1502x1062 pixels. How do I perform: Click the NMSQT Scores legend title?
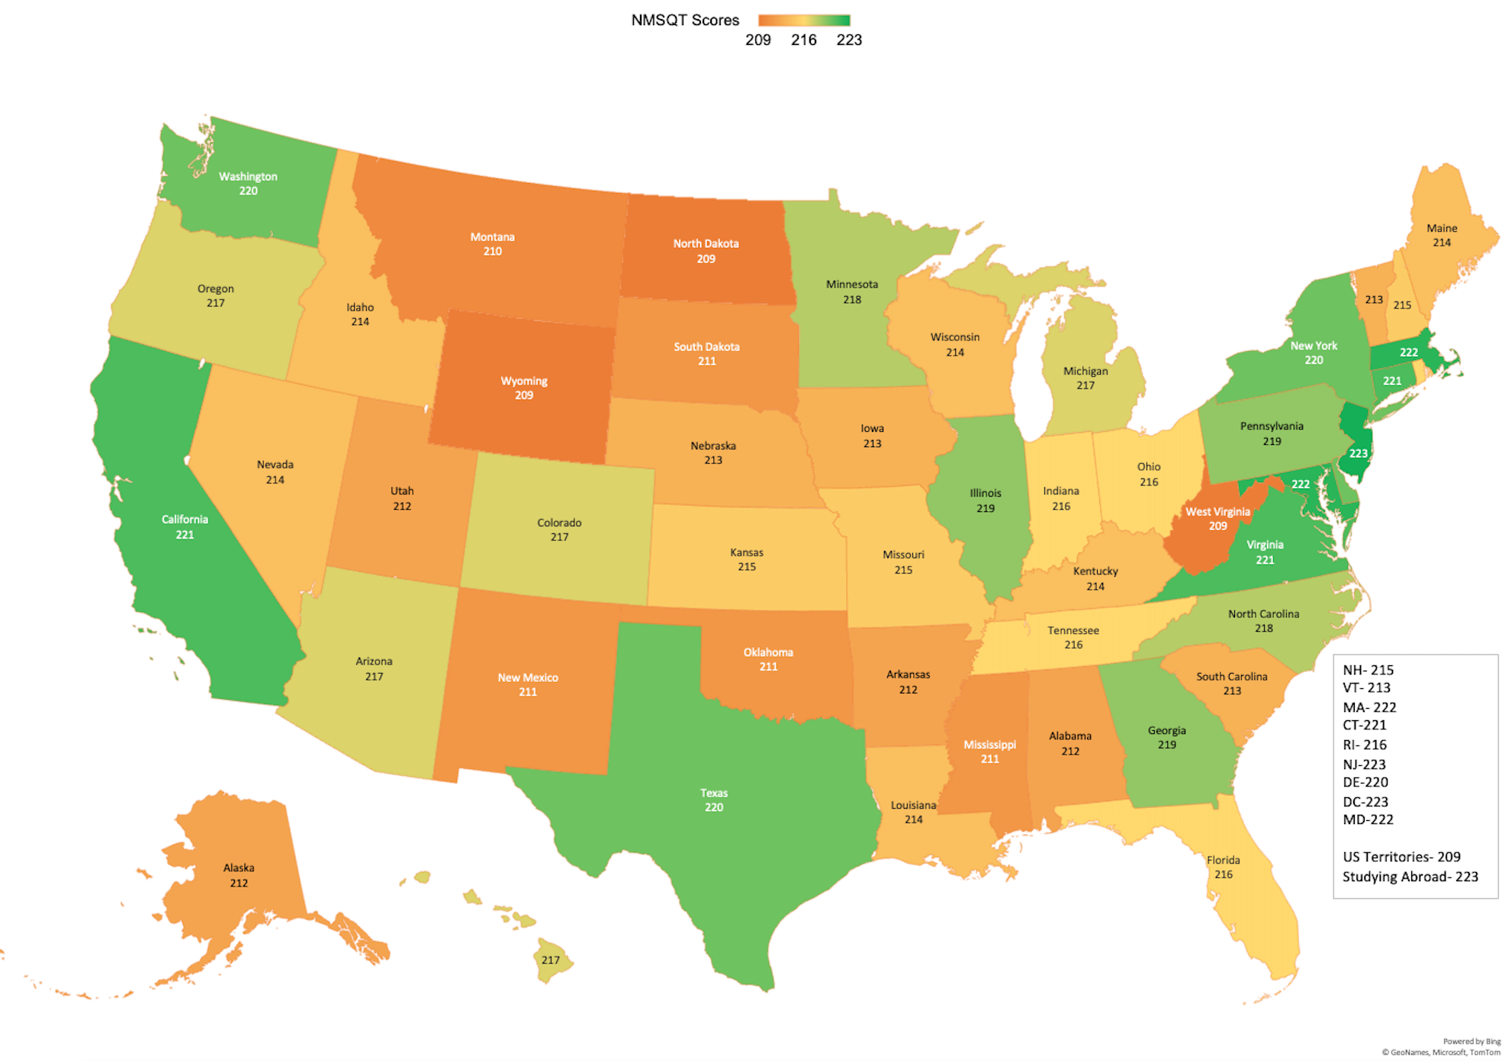(x=684, y=21)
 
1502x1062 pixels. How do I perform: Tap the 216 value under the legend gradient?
(x=803, y=40)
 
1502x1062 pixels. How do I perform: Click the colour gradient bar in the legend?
(x=803, y=20)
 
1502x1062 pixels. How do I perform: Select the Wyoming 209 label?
(x=523, y=388)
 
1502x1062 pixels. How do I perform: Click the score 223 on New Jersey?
(x=1358, y=453)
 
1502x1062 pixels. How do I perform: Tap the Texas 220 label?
(x=713, y=800)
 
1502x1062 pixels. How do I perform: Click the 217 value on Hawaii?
(x=550, y=960)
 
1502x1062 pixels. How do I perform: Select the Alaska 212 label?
(x=238, y=875)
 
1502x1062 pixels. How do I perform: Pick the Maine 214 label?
(x=1441, y=235)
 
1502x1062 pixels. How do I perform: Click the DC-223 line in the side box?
(x=1365, y=802)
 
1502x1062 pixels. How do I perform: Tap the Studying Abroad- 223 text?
(x=1410, y=877)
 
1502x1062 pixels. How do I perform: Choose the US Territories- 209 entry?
(x=1401, y=857)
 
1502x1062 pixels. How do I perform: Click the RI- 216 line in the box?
(x=1364, y=745)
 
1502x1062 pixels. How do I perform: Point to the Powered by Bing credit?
(x=1471, y=1041)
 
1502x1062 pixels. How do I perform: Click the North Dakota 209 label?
(x=706, y=251)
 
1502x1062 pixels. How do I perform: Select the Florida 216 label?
(x=1223, y=867)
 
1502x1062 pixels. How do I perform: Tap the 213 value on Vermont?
(x=1373, y=300)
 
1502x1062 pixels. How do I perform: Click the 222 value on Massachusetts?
(x=1408, y=352)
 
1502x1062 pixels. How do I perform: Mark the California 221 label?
(x=184, y=526)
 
